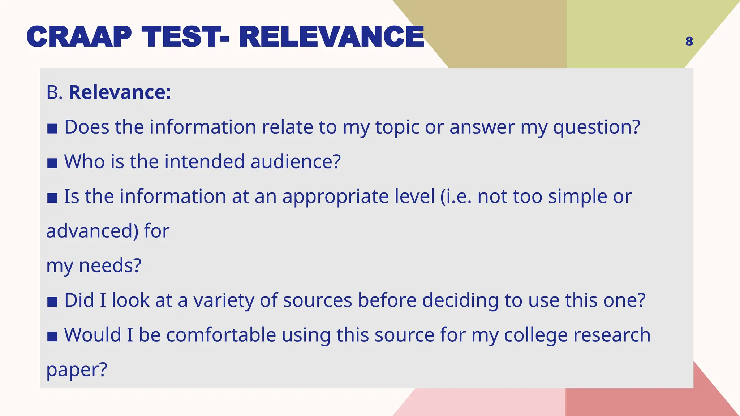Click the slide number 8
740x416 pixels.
click(689, 42)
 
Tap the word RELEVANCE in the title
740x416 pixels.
click(331, 37)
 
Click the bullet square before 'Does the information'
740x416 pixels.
click(52, 128)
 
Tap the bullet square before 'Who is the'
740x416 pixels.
click(52, 163)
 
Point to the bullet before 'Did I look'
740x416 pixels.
click(52, 302)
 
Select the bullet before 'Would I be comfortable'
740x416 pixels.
click(52, 336)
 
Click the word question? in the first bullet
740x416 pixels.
click(597, 127)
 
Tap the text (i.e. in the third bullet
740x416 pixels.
click(456, 197)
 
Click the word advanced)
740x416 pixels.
click(92, 231)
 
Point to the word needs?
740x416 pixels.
click(110, 266)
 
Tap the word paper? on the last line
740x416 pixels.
click(77, 370)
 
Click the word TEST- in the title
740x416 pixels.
click(185, 37)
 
